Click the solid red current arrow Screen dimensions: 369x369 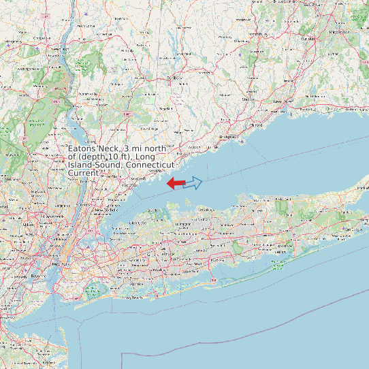pyautogui.click(x=176, y=182)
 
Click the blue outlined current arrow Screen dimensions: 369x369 pyautogui.click(x=193, y=182)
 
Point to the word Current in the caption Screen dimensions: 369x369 pyautogui.click(x=83, y=174)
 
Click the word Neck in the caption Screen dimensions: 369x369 pyautogui.click(x=112, y=148)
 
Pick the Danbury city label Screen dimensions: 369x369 pyautogui.click(x=176, y=78)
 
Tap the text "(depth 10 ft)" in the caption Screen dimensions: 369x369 pyautogui.click(x=107, y=157)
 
